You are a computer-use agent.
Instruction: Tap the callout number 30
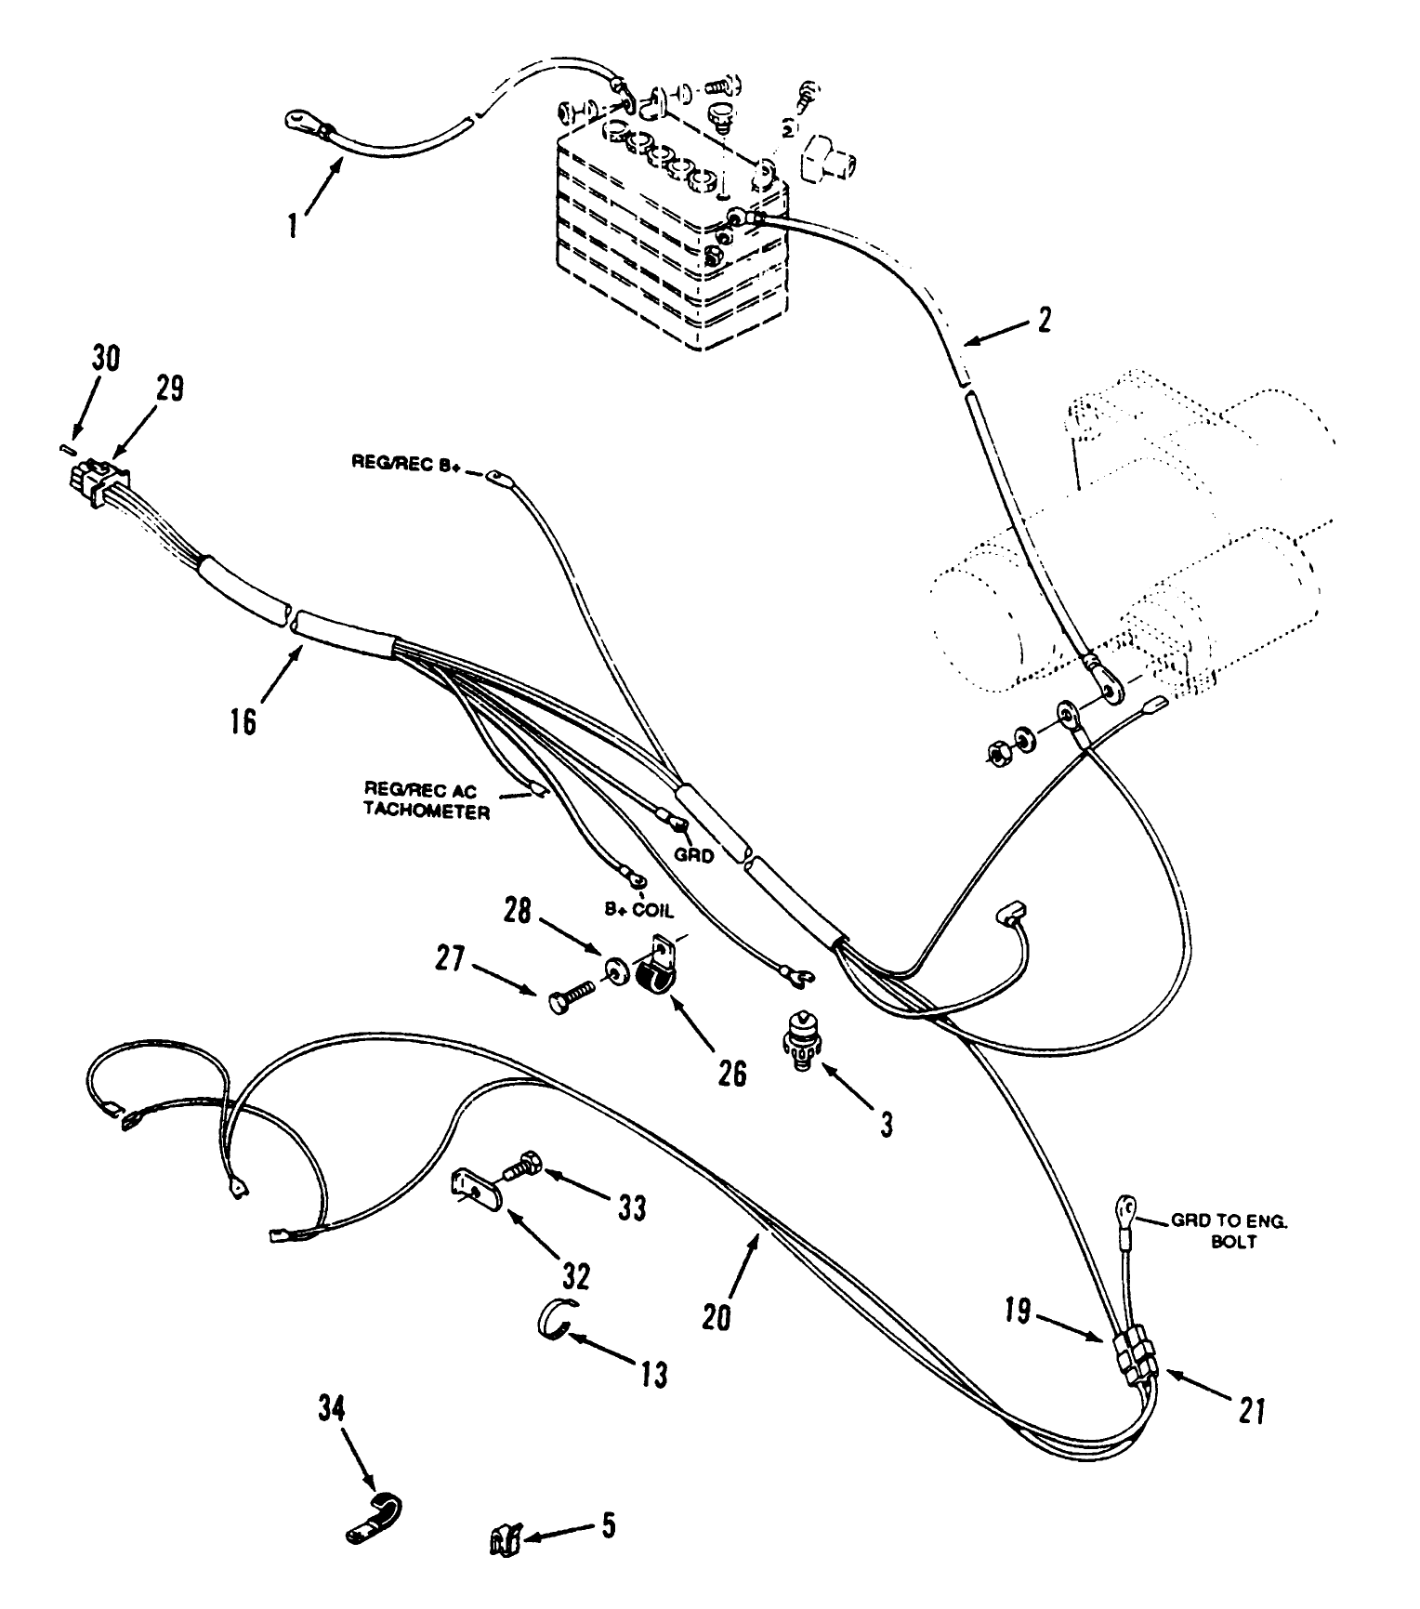105,358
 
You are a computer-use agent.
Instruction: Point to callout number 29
169,388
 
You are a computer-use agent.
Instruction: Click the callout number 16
243,722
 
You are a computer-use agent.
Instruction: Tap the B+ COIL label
638,912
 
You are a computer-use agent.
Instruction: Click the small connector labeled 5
503,1542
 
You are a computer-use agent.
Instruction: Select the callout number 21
1251,1412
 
